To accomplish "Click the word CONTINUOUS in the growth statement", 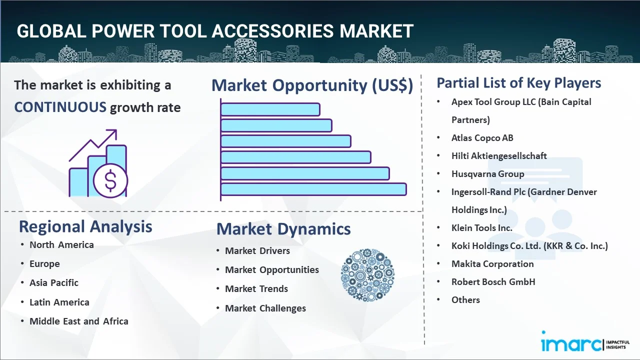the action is (60, 107).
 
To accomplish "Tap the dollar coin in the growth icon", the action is (110, 180).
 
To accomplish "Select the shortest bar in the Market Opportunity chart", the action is (270, 109).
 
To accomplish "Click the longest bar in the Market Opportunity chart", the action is (313, 189).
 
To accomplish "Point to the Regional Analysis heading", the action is (85, 226).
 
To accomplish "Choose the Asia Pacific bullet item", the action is (54, 283).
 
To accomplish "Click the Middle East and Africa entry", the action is (79, 321).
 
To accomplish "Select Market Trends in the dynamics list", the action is (256, 289).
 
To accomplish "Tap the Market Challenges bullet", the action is (265, 308).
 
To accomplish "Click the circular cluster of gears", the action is (367, 275).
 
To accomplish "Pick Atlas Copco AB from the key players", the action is (482, 138).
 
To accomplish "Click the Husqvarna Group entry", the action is (487, 174).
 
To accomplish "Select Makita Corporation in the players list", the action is (492, 264).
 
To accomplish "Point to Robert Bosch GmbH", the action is (493, 282).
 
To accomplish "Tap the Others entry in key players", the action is (465, 300).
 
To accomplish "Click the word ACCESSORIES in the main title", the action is (272, 31).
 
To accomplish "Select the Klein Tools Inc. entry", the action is (481, 228).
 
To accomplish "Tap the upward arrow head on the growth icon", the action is (112, 133).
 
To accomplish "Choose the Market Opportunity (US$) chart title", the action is (312, 85).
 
